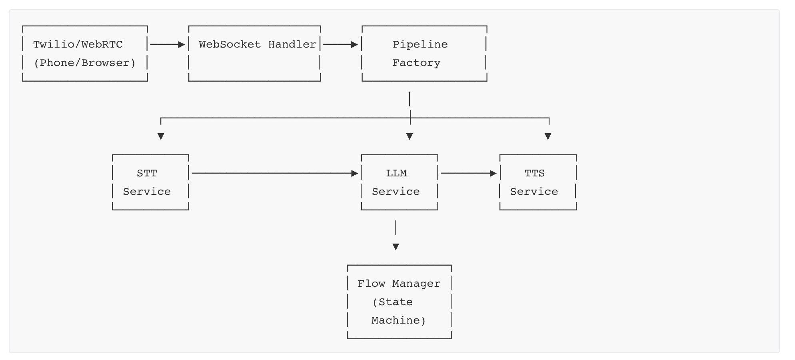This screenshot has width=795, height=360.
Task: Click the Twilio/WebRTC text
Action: click(78, 44)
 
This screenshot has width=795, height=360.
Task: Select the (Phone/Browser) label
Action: click(85, 63)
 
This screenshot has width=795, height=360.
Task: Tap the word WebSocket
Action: click(230, 44)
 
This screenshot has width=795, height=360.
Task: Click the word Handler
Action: click(292, 44)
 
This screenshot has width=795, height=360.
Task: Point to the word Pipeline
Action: click(420, 44)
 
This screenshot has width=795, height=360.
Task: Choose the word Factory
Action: click(416, 63)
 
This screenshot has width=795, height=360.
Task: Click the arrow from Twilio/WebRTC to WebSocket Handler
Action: click(167, 44)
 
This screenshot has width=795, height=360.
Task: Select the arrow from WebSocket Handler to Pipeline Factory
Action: click(340, 44)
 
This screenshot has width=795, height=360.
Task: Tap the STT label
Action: click(147, 173)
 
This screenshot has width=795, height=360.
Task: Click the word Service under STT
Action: click(147, 192)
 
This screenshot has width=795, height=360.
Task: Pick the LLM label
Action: click(396, 173)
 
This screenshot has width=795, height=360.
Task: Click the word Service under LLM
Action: click(396, 192)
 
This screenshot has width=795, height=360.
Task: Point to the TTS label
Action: click(534, 173)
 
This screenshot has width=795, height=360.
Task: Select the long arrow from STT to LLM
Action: click(274, 173)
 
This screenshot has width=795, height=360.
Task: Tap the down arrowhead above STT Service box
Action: click(161, 136)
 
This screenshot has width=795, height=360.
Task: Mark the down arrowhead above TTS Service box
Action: click(548, 136)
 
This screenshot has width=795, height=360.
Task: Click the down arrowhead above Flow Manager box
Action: click(396, 247)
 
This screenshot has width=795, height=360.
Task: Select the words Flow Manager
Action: click(399, 284)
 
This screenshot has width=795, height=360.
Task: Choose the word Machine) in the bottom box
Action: click(398, 320)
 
